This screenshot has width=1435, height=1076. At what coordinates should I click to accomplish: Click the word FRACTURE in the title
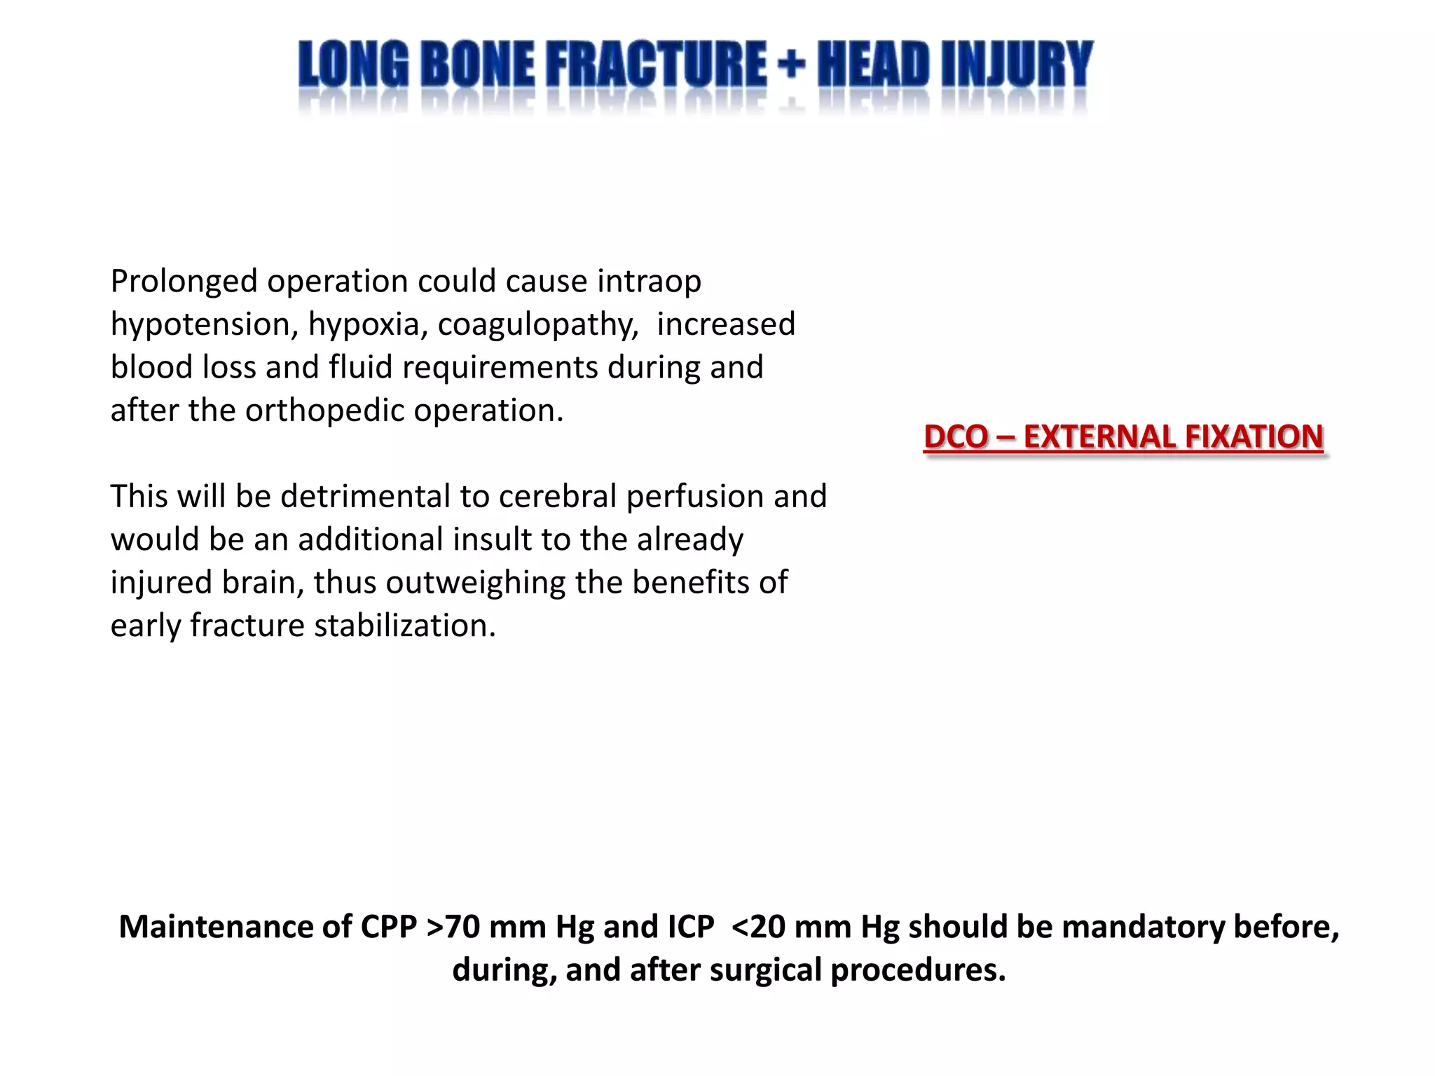[656, 64]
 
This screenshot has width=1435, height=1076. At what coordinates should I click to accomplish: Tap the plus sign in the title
[792, 65]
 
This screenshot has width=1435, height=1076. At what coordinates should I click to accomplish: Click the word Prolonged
[184, 282]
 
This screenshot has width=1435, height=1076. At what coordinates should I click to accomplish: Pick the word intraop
[649, 282]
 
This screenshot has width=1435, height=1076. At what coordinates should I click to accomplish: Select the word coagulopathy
[538, 325]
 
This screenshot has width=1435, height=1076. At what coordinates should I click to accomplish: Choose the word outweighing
[476, 583]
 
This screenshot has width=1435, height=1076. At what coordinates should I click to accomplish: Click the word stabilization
[405, 626]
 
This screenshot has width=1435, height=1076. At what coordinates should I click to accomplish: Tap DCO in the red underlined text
[956, 437]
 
